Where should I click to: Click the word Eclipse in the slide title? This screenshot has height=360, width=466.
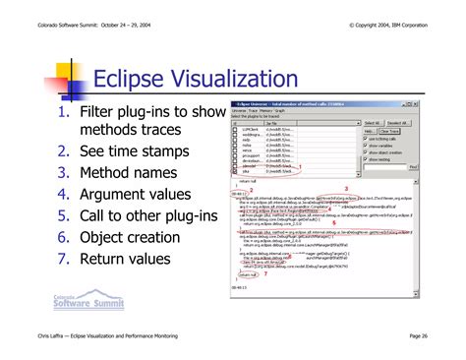point(127,78)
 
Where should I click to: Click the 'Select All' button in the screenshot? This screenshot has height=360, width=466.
point(373,122)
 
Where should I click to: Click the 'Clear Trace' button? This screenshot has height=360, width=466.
point(390,131)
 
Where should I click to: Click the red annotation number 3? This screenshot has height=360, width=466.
point(345,188)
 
